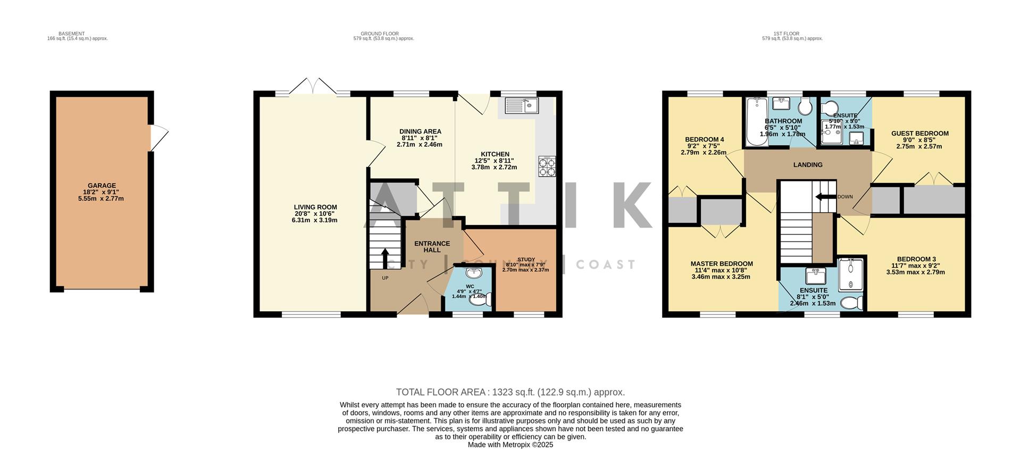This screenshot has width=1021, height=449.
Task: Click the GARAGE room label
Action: (x=101, y=186)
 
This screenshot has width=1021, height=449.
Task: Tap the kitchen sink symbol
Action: (x=521, y=105)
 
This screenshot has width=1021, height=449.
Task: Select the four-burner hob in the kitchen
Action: (x=547, y=167)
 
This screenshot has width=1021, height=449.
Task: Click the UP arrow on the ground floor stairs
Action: (x=384, y=259)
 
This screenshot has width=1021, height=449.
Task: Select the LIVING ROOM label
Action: (x=315, y=207)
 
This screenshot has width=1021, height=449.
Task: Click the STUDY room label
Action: (x=526, y=260)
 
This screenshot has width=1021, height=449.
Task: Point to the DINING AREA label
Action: (x=420, y=131)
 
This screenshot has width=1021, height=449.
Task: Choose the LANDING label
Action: (x=808, y=165)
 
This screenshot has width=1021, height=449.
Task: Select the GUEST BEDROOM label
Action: (x=919, y=134)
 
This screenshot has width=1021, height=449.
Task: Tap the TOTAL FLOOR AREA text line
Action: (x=510, y=392)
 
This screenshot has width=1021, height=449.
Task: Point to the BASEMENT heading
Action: (x=71, y=34)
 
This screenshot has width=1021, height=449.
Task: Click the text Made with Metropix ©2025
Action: (x=510, y=445)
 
